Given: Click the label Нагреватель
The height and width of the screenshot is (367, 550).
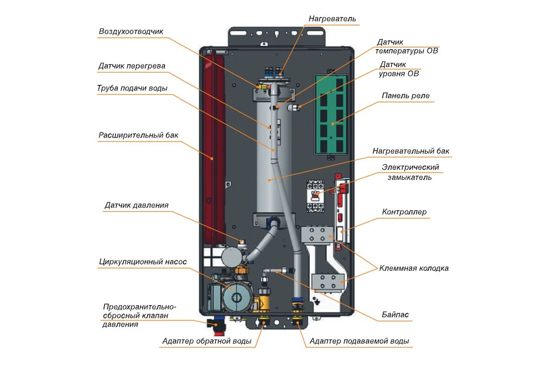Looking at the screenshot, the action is [x=332, y=19].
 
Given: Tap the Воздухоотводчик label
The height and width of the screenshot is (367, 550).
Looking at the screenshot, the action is [x=131, y=32].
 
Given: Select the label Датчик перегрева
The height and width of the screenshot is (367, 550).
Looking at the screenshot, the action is [x=132, y=66].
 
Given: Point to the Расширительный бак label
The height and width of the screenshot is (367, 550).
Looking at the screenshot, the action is [x=138, y=135].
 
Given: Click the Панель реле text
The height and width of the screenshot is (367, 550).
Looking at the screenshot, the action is [x=405, y=95].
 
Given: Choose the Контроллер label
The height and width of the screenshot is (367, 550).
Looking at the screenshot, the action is [x=404, y=212].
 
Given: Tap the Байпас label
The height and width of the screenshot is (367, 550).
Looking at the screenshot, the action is [x=395, y=314].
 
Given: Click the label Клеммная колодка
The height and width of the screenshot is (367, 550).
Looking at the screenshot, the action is [x=414, y=268].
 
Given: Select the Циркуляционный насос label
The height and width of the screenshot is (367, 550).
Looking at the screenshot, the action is [x=143, y=261].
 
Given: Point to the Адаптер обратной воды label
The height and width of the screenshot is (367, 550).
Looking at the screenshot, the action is [x=207, y=341].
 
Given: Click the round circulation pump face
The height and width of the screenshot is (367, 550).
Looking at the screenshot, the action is [x=237, y=297].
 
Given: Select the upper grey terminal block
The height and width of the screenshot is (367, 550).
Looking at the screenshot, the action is [x=317, y=235].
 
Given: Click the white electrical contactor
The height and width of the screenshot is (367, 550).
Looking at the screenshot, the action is [x=315, y=196].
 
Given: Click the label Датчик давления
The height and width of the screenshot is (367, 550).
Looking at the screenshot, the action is [x=137, y=205].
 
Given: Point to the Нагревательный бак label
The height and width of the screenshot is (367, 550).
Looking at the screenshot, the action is [x=411, y=151].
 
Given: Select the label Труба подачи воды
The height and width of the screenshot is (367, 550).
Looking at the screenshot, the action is [x=132, y=88].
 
